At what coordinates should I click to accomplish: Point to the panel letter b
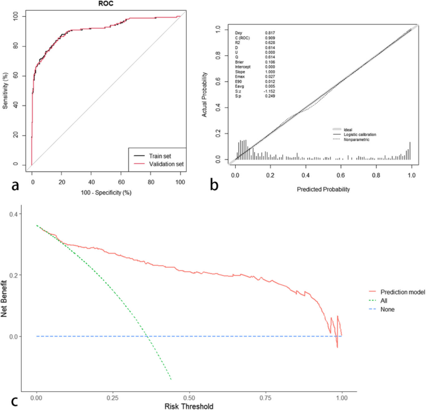tap(215, 184)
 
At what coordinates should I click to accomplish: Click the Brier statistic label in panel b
tap(239, 62)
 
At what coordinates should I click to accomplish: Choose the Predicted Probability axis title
tap(323, 189)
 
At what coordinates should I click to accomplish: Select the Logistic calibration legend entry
tap(364, 135)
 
